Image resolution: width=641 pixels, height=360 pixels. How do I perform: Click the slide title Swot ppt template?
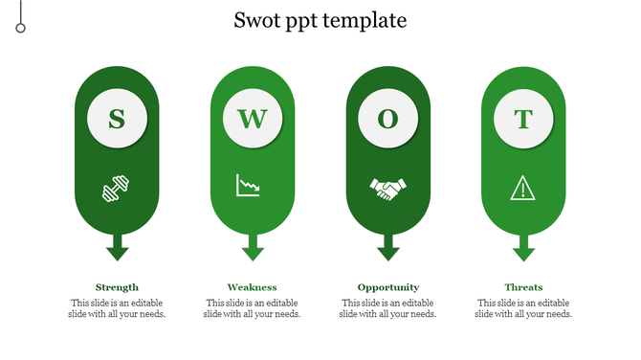coord(320,20)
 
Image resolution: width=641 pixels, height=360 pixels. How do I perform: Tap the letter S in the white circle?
coord(117,120)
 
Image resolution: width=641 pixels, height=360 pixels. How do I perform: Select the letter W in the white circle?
coord(253,120)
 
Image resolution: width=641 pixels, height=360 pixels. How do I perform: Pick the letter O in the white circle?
coord(387,120)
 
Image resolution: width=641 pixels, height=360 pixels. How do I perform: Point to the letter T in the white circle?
coord(523,120)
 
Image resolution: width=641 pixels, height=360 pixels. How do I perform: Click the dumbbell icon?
coord(117,189)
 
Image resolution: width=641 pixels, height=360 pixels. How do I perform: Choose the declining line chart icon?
coord(249,185)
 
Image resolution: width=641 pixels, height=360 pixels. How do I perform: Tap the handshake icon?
coord(387,189)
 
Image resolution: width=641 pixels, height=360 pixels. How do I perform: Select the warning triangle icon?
coord(523,188)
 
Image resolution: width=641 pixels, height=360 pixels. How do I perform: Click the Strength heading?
coord(117,287)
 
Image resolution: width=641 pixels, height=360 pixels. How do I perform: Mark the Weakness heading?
coord(253,287)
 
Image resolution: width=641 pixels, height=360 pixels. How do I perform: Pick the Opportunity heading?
coord(387,287)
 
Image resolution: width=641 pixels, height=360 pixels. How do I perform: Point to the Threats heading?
coord(523,287)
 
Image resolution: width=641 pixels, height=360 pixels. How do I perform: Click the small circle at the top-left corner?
coord(20,28)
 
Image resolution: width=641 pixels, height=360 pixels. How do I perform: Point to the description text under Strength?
coord(117,308)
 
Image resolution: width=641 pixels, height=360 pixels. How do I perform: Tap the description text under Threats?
coord(523,308)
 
